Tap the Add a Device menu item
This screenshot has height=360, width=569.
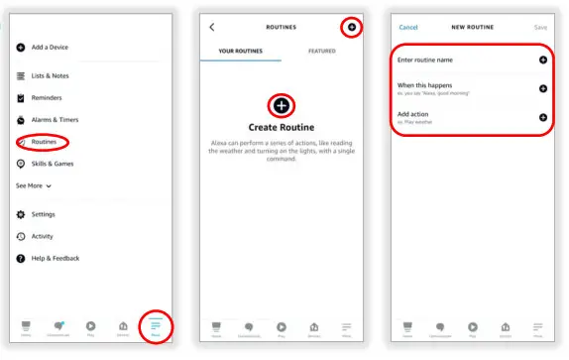[50, 48]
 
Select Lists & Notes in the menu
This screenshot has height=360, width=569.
[50, 76]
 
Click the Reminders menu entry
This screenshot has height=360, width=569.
[47, 98]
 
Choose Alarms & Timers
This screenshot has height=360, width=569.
[54, 120]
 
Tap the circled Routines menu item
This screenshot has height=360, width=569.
[44, 142]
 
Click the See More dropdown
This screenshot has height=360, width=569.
[34, 185]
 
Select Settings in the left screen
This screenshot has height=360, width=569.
[43, 214]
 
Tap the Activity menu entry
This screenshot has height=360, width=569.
[42, 236]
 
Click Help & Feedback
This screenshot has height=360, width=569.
[55, 258]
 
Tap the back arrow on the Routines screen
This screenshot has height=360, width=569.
[212, 27]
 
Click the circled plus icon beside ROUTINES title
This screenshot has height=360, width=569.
[352, 27]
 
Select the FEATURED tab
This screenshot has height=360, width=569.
[322, 51]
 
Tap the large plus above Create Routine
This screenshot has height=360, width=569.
[282, 105]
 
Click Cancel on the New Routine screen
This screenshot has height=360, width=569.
[407, 27]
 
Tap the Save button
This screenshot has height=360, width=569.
[540, 27]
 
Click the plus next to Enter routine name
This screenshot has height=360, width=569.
[542, 60]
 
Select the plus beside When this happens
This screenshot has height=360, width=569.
[542, 88]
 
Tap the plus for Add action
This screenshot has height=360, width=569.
[542, 118]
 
